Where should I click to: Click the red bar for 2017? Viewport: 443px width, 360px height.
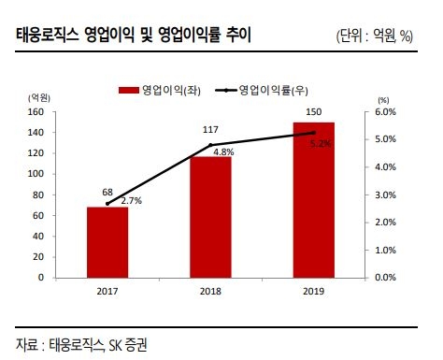pyautogui.click(x=107, y=242)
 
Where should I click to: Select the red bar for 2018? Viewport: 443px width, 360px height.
pyautogui.click(x=211, y=217)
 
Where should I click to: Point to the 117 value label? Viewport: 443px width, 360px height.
pyautogui.click(x=211, y=131)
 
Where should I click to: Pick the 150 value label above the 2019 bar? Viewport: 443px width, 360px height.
pyautogui.click(x=314, y=112)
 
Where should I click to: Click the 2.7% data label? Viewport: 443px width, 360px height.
pyautogui.click(x=130, y=201)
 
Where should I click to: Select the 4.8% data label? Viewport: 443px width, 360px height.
pyautogui.click(x=222, y=151)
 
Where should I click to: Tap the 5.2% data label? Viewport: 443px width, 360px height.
pyautogui.click(x=321, y=144)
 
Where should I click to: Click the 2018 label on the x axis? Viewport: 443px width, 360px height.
pyautogui.click(x=211, y=293)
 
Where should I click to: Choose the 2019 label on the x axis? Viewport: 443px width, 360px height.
pyautogui.click(x=314, y=293)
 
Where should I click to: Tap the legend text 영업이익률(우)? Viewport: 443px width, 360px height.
pyautogui.click(x=274, y=90)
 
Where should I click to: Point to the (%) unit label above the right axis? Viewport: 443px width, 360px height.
pyautogui.click(x=382, y=98)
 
